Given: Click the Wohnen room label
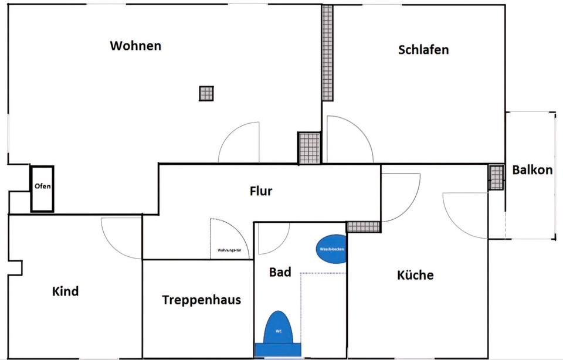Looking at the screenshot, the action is [x=135, y=46].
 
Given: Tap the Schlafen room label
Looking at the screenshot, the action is [x=423, y=49].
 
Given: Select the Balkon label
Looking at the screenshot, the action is [x=532, y=170].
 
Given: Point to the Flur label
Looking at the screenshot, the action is [x=261, y=191].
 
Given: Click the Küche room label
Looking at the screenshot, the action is [x=415, y=274].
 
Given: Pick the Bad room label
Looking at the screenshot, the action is [x=280, y=272].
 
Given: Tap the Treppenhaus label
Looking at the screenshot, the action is [x=201, y=300].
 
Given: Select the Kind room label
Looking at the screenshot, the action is [x=65, y=291].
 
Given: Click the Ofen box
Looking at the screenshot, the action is [x=42, y=188].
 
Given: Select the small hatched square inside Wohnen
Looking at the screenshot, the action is [x=206, y=93].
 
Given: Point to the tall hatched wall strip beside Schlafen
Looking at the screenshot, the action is [x=327, y=53].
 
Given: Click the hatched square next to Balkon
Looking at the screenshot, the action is [x=496, y=177].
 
